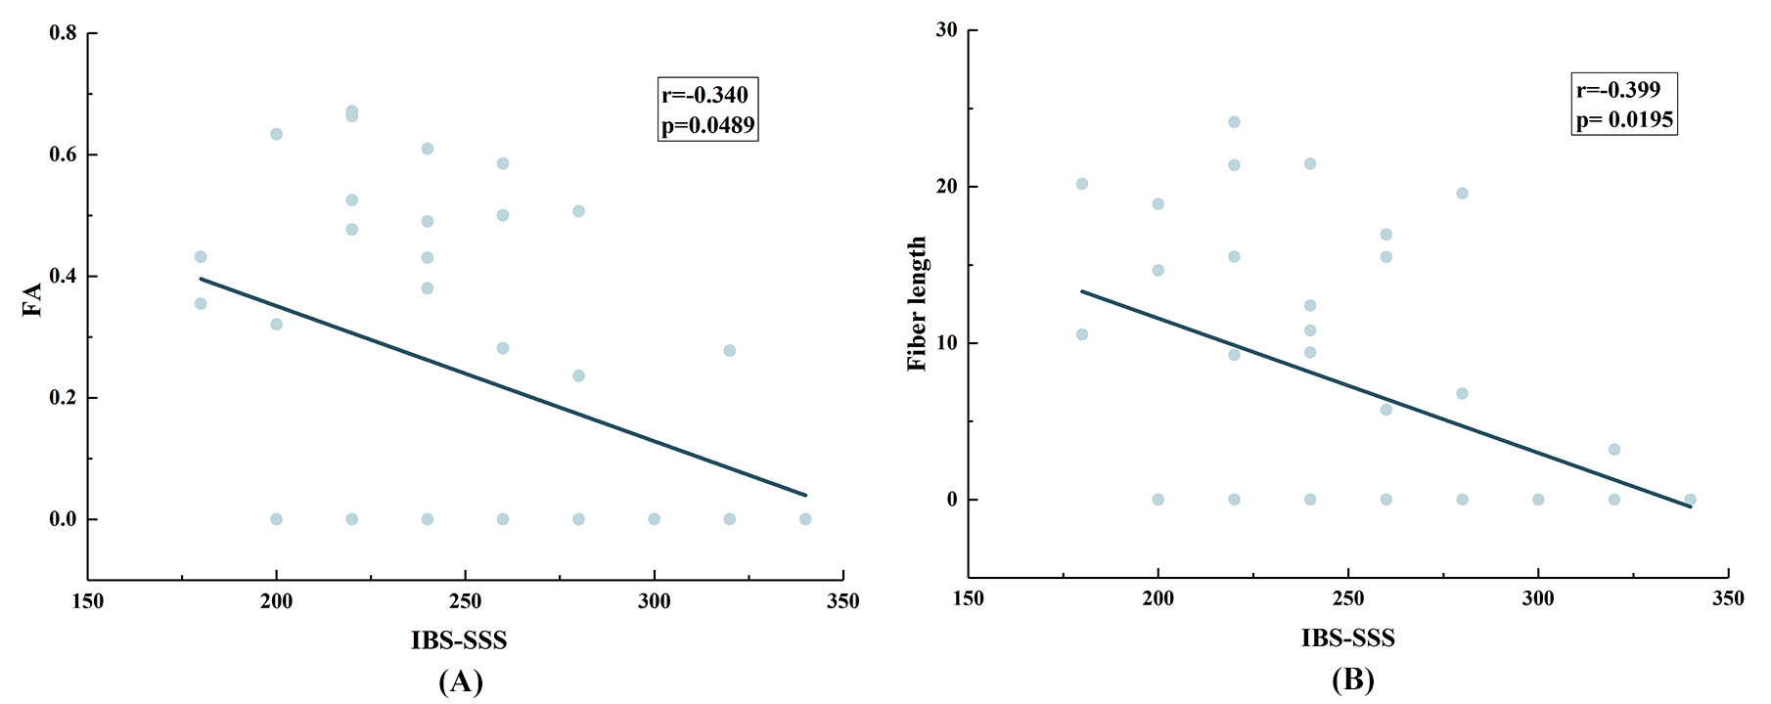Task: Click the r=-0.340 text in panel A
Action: point(704,95)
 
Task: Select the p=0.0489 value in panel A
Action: point(707,125)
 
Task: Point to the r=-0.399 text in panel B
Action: point(1618,90)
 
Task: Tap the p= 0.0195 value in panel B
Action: point(1623,119)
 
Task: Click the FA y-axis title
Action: point(32,299)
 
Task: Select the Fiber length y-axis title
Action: point(917,303)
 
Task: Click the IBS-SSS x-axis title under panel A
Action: point(459,640)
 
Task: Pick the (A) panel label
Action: point(460,681)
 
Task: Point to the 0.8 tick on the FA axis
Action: point(64,33)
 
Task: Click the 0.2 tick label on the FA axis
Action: point(64,398)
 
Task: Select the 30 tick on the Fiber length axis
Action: point(946,30)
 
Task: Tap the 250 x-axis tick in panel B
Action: point(1348,598)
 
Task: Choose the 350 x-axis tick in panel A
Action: point(842,601)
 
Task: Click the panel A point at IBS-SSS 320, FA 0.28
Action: point(729,350)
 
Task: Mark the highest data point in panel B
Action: point(1234,122)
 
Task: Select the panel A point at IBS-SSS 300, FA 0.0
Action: point(654,519)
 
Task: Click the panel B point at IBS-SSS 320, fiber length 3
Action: point(1614,450)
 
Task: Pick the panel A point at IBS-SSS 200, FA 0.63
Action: point(276,134)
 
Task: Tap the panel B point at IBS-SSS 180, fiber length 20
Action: point(1082,184)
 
